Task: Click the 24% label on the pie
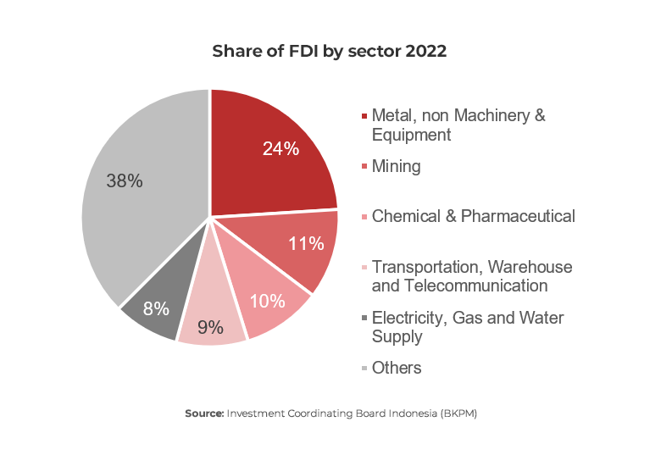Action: tap(281, 148)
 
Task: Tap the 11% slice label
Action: tap(306, 244)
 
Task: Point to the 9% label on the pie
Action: tap(210, 326)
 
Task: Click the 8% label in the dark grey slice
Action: tap(155, 308)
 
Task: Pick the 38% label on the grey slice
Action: tap(124, 180)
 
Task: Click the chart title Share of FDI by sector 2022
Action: tap(329, 51)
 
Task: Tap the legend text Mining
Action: tap(396, 166)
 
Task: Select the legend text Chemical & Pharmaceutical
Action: tap(473, 216)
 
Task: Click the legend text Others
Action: tap(397, 368)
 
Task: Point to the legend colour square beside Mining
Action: tap(364, 167)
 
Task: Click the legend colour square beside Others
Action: tap(364, 369)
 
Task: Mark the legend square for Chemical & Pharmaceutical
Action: tap(364, 217)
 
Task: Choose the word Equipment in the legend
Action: tap(411, 134)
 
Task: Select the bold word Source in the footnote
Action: tap(203, 413)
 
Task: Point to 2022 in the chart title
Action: tap(426, 51)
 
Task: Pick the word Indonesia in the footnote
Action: tap(409, 413)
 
